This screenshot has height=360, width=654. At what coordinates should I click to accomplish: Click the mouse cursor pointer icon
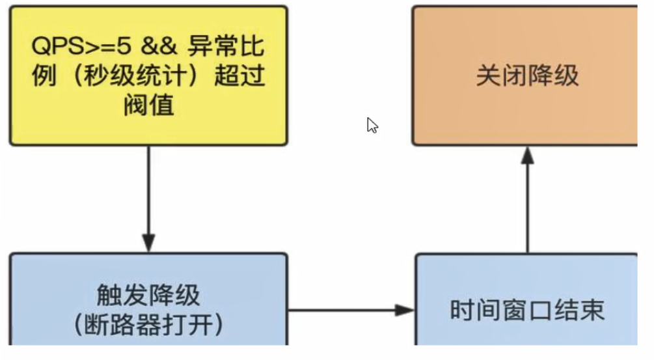tap(372, 125)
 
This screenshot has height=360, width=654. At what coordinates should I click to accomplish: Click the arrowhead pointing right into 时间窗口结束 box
tap(405, 310)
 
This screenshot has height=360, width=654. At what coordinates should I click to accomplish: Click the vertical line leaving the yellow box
tap(148, 189)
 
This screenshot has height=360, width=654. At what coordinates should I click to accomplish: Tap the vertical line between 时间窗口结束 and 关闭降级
tap(527, 208)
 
